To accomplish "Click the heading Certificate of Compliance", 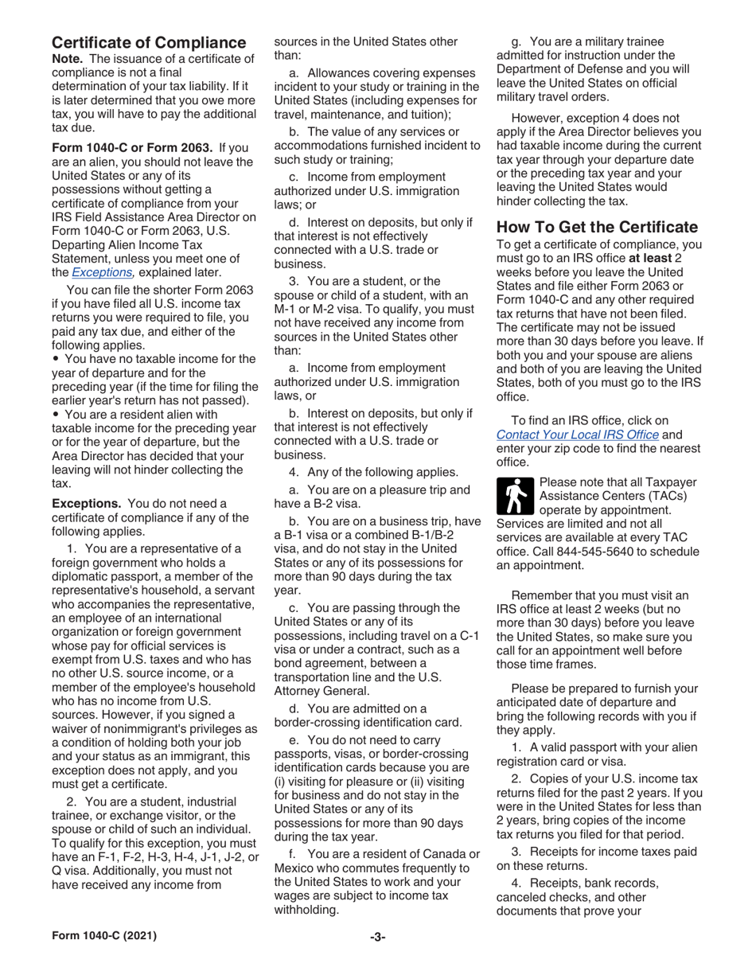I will click(x=148, y=41).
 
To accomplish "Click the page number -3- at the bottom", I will click(x=377, y=958).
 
